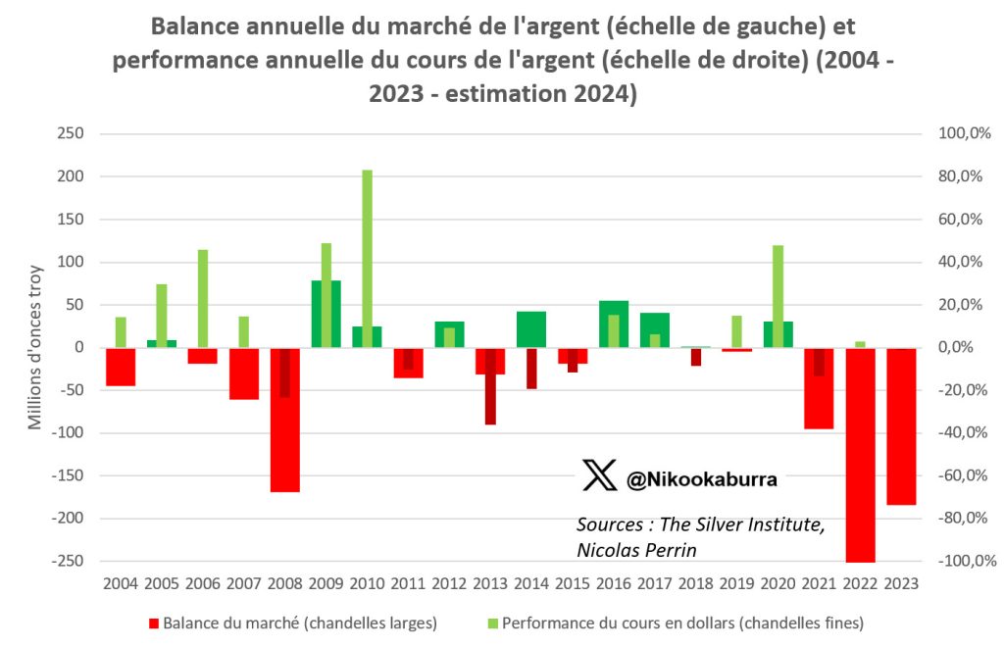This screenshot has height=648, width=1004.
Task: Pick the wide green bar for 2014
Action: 530,329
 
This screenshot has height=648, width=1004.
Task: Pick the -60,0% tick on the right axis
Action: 946,475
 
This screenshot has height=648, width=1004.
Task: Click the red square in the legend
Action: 152,623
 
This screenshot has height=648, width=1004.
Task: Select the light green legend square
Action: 492,623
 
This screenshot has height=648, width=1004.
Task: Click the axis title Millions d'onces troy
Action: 35,347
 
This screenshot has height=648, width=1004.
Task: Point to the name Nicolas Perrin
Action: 637,550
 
